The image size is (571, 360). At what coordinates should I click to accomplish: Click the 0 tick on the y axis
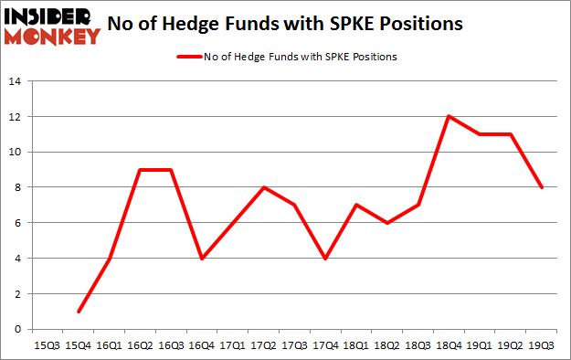16,329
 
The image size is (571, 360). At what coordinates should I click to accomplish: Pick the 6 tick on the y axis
16,223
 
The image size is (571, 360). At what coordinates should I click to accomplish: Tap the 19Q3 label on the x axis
542,345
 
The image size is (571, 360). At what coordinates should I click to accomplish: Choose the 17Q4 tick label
324,345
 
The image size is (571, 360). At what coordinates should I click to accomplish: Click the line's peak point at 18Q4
449,116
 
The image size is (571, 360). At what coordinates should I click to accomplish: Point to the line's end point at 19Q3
542,187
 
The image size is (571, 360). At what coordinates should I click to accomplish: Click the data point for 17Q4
324,258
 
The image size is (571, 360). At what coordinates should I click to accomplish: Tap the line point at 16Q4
200,258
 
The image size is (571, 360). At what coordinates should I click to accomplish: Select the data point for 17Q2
262,187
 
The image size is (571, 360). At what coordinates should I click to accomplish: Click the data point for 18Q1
355,205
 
